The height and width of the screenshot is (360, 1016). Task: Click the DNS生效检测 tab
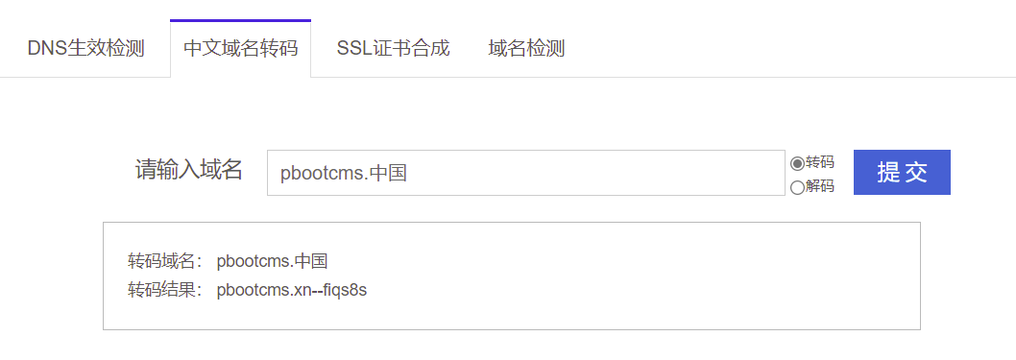point(85,48)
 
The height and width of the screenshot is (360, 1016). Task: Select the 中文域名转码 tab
point(240,48)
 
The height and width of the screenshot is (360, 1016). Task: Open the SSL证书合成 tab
point(393,48)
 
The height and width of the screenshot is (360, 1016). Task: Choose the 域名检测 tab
point(526,48)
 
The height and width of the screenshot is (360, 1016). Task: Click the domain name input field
point(525,173)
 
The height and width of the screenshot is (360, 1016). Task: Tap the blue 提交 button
point(902,172)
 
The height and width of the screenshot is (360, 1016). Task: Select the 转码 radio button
point(797,163)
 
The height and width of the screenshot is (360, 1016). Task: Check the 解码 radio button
point(797,187)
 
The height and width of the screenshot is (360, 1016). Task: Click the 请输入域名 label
point(188,171)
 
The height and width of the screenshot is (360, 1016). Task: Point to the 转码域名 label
point(164,261)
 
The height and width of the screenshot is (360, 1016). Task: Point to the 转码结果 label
point(164,290)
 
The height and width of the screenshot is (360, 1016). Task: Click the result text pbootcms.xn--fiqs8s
point(292,290)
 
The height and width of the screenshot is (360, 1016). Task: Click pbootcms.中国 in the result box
point(273,261)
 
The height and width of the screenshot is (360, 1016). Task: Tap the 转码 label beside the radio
point(820,162)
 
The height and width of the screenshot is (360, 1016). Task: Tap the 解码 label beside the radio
point(820,186)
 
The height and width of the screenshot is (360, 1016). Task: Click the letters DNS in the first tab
point(46,48)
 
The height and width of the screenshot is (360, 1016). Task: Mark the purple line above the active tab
point(240,19)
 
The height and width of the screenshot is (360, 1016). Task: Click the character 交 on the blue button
point(916,173)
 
